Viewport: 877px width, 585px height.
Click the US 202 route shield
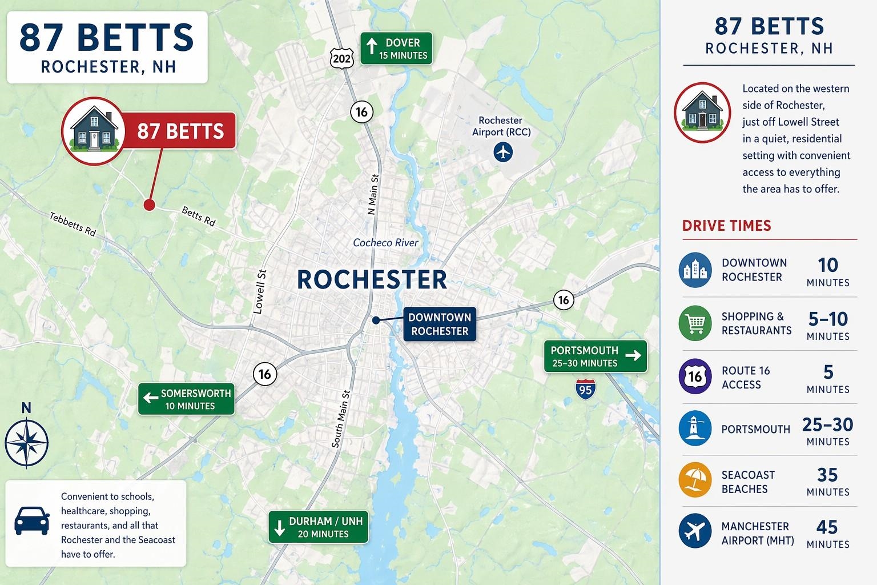341,58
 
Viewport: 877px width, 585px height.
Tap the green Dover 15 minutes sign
396,49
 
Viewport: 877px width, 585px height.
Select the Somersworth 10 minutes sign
186,399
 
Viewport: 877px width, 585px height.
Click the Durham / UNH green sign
318,527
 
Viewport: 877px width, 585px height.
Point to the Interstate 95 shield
585,389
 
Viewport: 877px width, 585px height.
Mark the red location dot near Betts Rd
149,205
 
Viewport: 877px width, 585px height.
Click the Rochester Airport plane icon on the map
503,152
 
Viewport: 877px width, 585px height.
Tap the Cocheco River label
385,243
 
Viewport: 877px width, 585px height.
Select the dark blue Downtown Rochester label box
439,324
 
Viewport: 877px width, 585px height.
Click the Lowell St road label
260,291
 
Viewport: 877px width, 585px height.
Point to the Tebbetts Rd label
73,224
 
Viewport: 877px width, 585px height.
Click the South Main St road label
341,419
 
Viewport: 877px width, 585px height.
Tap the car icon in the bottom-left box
31,520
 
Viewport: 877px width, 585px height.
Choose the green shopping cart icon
695,323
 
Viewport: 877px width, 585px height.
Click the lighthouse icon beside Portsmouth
695,428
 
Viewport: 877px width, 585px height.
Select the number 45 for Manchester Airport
827,527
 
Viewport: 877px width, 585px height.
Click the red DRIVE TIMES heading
726,226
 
